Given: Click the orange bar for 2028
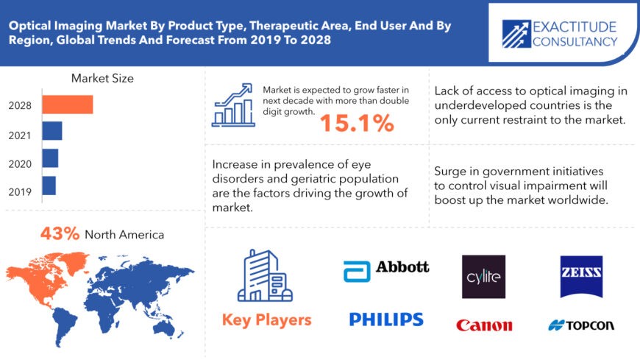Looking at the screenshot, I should click(x=67, y=105).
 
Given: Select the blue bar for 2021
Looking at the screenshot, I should click(x=51, y=131).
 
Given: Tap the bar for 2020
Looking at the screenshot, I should click(x=50, y=158).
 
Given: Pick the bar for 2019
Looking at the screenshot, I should click(x=49, y=186).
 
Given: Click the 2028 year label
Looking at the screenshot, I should click(x=20, y=105).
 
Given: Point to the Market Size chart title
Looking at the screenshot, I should click(x=102, y=78).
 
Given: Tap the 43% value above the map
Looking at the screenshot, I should click(x=60, y=234).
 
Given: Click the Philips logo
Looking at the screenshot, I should click(x=386, y=319).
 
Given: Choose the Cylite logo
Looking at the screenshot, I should click(x=483, y=276).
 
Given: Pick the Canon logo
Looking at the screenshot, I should click(x=484, y=325).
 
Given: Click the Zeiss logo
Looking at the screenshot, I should click(x=581, y=276).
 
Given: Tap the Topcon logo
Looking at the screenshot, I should click(x=581, y=325).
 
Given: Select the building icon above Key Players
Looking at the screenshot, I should click(x=266, y=278).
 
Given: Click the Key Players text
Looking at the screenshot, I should click(x=266, y=320).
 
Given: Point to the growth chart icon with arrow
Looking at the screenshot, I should click(x=233, y=104).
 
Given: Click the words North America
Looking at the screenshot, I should click(x=124, y=235).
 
